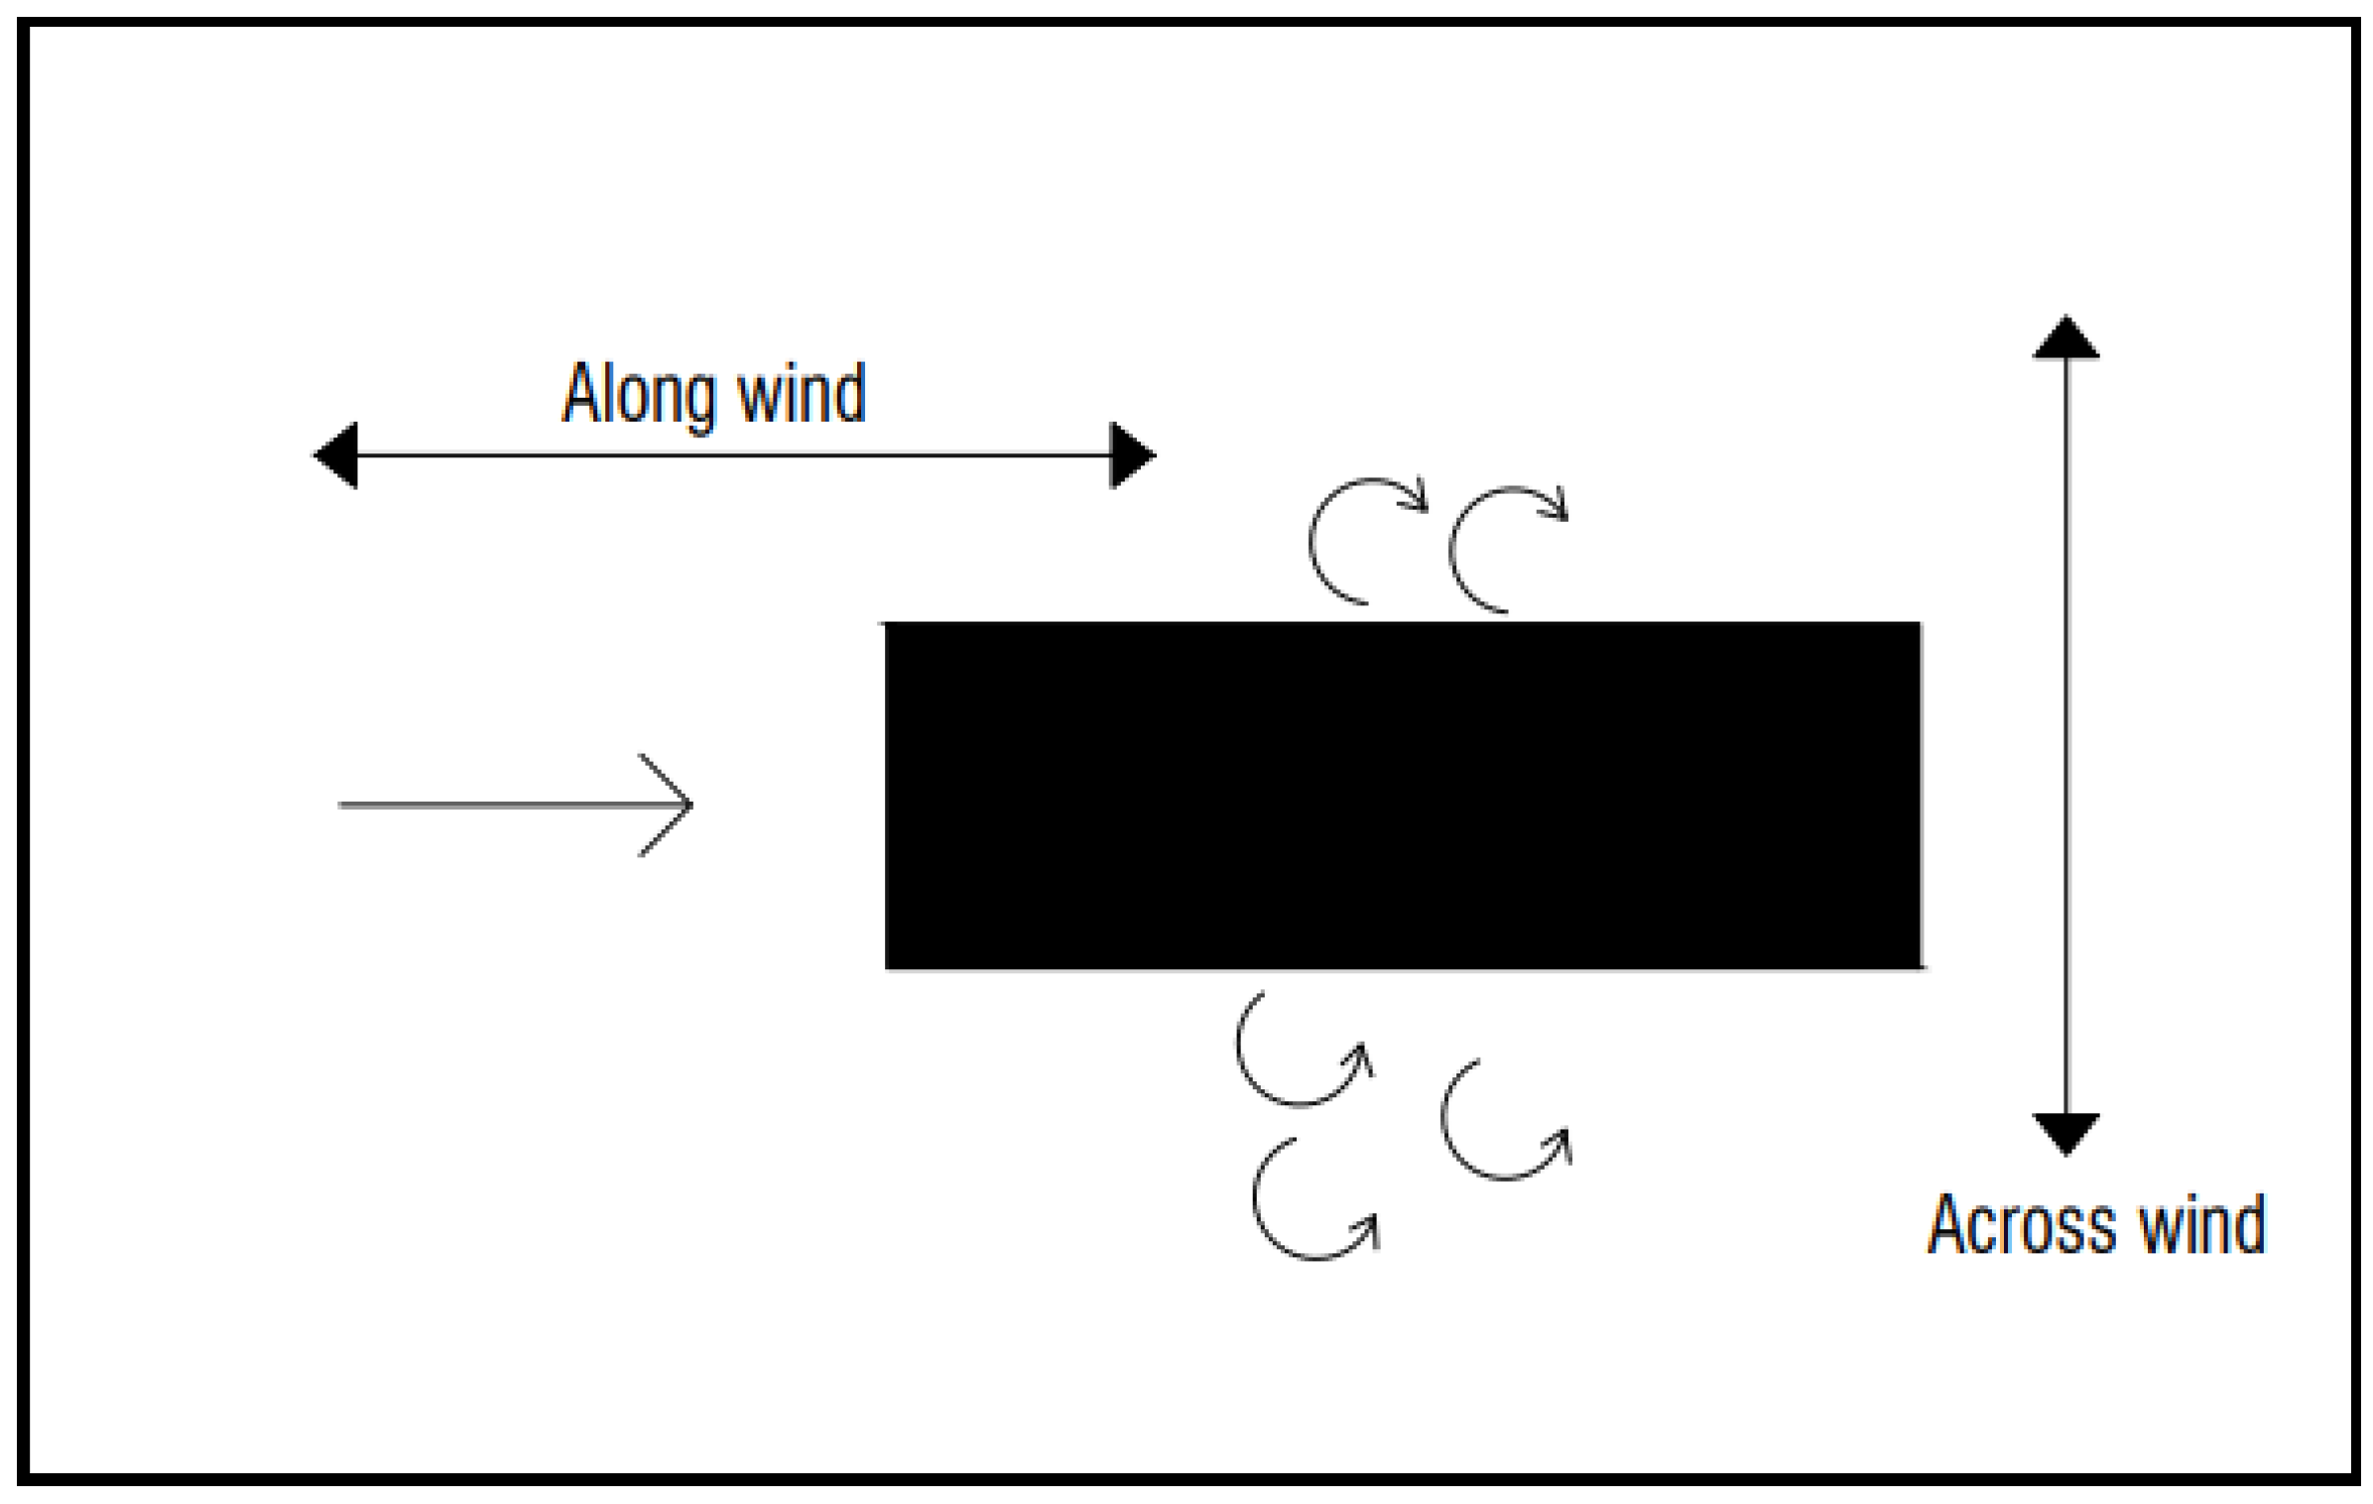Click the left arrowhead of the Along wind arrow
(335, 455)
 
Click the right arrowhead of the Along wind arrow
(1132, 455)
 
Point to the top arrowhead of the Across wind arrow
(2066, 337)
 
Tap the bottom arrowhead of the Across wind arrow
(2066, 1133)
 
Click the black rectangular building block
(1403, 795)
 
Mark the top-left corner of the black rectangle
(887, 624)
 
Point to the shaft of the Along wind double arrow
(734, 455)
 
